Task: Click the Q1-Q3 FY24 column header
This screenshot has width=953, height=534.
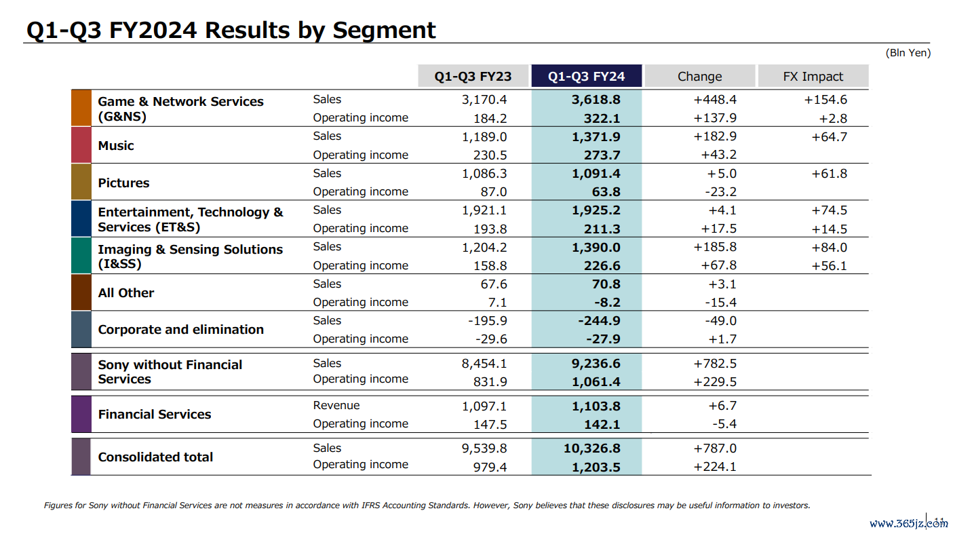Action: [586, 76]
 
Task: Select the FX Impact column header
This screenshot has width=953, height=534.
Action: [813, 76]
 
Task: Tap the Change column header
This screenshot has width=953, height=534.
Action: [699, 76]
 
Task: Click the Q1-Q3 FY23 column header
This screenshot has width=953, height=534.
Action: [473, 76]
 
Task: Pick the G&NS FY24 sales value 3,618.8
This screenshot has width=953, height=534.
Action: [596, 100]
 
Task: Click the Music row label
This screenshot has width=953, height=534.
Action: [116, 145]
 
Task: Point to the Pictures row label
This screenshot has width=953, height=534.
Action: [123, 183]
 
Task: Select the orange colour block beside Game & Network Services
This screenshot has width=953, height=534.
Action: [81, 108]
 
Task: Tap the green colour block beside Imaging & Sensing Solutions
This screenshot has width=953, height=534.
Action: [81, 255]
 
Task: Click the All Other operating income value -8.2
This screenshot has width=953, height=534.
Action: [607, 302]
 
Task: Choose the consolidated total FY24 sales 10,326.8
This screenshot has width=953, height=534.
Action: [591, 448]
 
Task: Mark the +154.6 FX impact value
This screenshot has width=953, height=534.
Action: [825, 100]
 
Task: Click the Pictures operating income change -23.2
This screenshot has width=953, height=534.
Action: [721, 192]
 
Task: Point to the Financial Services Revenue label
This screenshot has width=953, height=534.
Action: [336, 405]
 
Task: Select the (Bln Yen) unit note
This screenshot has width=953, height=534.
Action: [908, 53]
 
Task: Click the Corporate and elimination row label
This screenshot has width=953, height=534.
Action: [181, 329]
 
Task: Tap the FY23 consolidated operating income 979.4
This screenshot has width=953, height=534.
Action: [490, 468]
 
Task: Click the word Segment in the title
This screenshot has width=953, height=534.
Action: [384, 31]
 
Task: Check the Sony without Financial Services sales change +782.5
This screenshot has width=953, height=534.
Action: [715, 364]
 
